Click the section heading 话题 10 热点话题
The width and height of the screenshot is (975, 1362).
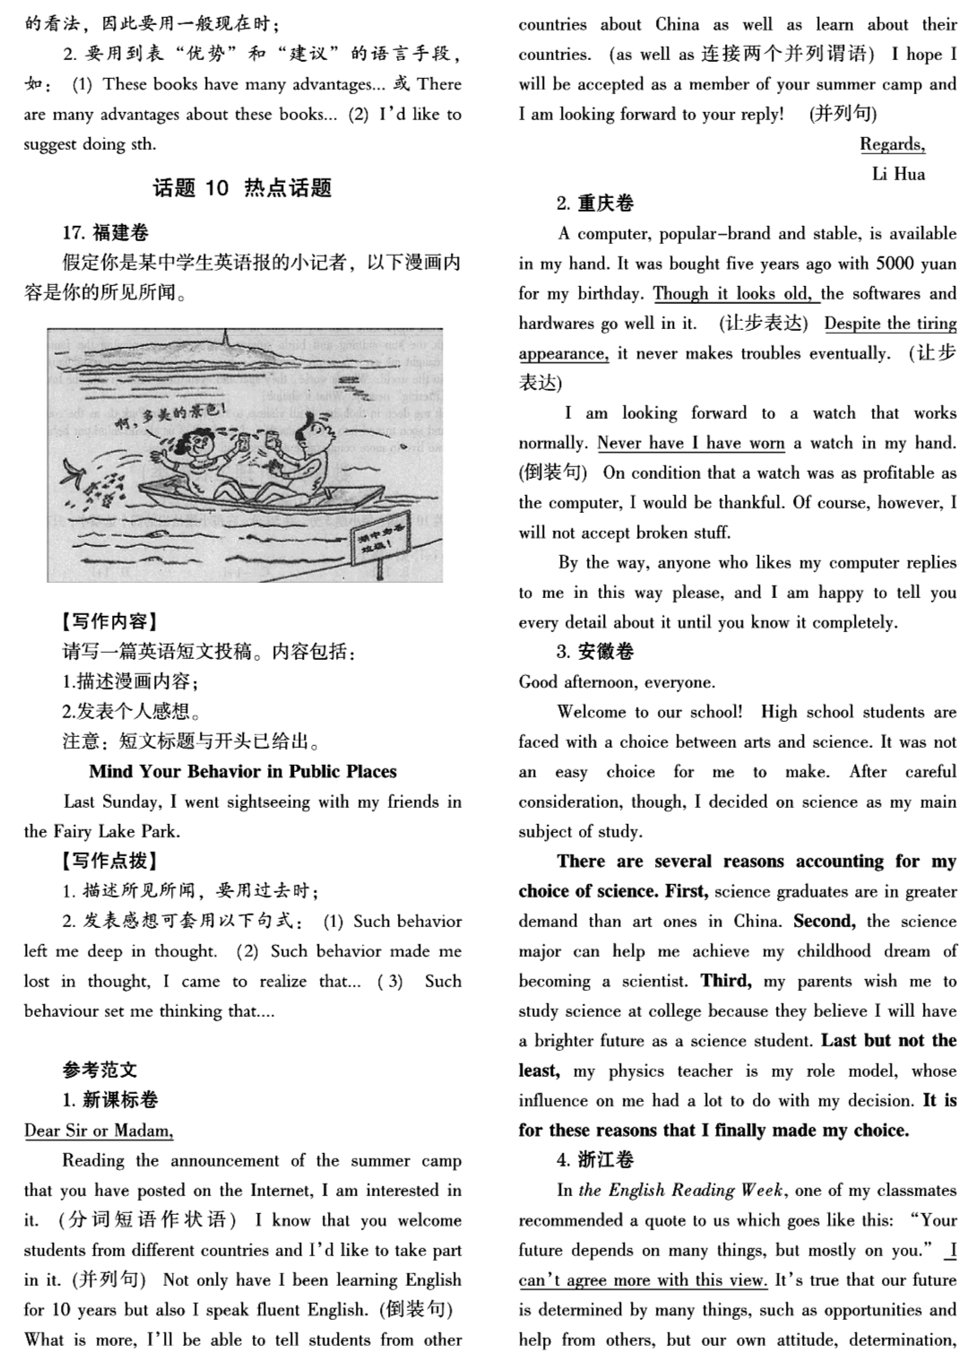242,187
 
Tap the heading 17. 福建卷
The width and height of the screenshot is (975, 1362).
105,233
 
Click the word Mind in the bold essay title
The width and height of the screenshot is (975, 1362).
110,771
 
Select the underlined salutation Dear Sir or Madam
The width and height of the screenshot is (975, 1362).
99,1130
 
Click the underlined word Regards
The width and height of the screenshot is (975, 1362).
892,144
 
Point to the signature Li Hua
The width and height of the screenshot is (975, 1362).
898,174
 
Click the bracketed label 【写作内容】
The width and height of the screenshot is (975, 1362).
109,621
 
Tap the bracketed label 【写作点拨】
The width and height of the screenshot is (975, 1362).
109,861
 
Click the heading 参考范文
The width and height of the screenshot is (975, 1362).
99,1070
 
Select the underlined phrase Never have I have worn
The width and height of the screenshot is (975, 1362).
691,443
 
